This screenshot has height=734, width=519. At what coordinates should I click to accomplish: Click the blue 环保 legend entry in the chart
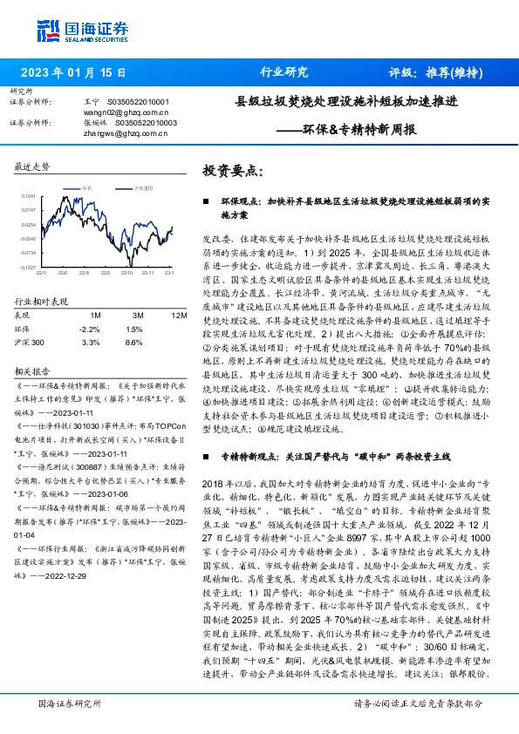click(85, 187)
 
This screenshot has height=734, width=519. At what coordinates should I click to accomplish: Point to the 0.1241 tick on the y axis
click(28, 196)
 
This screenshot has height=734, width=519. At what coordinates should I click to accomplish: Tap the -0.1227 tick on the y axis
click(28, 267)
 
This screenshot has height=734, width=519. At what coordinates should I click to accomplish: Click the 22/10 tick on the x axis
click(127, 272)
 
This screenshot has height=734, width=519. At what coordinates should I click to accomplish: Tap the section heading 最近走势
click(33, 166)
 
